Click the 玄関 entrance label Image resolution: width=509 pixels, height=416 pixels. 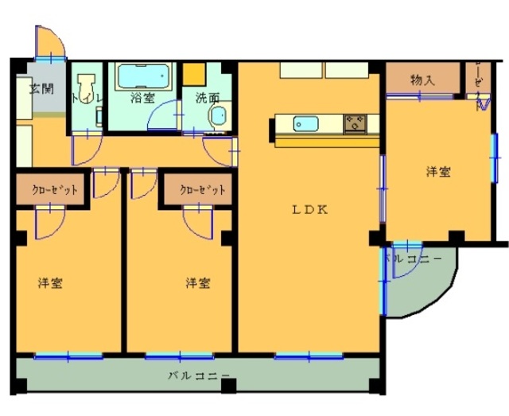(x=41, y=87)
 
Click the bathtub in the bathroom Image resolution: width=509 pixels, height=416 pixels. (x=144, y=77)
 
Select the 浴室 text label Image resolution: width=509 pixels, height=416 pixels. (x=143, y=99)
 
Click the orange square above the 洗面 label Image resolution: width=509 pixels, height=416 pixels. (x=194, y=74)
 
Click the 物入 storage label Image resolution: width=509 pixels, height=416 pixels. (x=422, y=80)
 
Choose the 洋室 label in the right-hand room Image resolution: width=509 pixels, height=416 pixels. (x=437, y=171)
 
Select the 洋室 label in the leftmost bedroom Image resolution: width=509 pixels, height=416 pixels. (x=51, y=283)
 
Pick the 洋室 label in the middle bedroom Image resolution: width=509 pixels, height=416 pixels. (x=198, y=283)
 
